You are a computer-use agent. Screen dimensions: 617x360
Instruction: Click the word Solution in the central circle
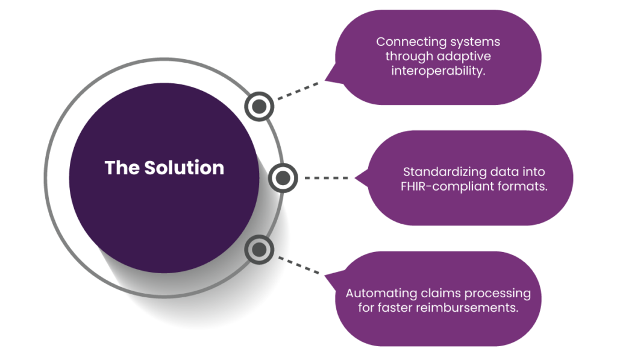point(184,168)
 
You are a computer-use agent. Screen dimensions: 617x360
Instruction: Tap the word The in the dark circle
point(122,168)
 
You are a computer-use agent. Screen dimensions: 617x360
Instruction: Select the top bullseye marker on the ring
point(259,106)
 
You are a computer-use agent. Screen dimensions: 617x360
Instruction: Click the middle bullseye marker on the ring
point(283,178)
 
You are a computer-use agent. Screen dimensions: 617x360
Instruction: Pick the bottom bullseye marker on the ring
point(259,250)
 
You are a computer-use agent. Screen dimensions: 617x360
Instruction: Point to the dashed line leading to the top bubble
point(298,91)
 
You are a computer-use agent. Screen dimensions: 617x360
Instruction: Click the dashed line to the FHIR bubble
point(326,178)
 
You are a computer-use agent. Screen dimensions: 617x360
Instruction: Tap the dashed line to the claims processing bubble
point(299,265)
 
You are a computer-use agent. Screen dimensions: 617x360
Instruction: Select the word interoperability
point(438,71)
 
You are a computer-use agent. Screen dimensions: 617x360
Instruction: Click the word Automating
point(381,294)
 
